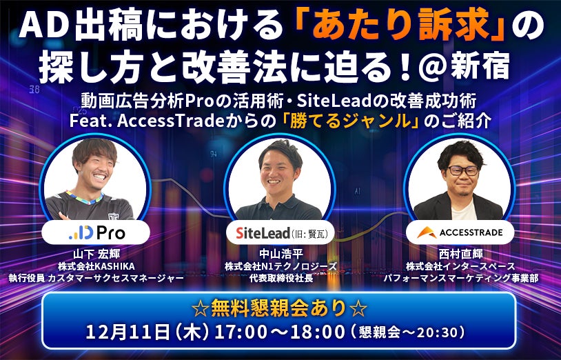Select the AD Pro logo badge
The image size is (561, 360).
click(x=96, y=232)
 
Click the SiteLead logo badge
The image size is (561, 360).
click(x=280, y=233)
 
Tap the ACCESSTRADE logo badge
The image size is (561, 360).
click(x=460, y=232)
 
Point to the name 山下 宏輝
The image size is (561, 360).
click(x=96, y=254)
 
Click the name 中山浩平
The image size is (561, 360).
click(x=281, y=254)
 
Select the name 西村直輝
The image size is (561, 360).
click(x=461, y=254)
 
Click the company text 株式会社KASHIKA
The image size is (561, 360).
click(x=96, y=267)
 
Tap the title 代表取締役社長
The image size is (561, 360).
click(x=281, y=278)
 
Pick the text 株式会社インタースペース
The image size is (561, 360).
click(x=461, y=267)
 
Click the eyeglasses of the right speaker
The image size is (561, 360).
click(x=462, y=170)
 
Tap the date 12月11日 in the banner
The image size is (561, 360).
click(x=127, y=332)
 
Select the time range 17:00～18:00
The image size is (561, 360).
click(x=279, y=332)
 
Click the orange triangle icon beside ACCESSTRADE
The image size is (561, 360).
click(x=427, y=233)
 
